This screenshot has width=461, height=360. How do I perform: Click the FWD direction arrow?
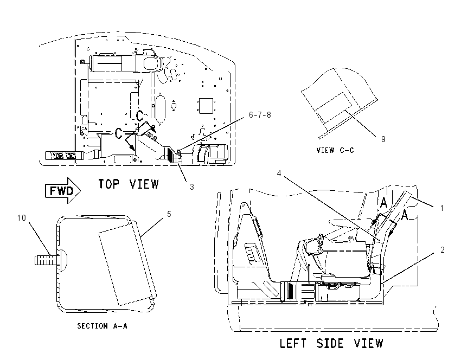coord(62,191)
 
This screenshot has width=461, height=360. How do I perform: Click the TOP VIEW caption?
coord(129,184)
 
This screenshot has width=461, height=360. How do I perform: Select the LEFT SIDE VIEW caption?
coord(331,343)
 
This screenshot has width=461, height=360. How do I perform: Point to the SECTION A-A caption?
coord(103,326)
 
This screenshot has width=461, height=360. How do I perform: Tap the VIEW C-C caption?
coord(335,150)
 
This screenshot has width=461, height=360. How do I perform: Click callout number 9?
coord(383,139)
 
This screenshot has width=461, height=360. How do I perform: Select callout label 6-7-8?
coord(260,114)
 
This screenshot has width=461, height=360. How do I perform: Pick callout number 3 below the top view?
coord(191,187)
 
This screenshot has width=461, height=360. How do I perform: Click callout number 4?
coord(279,173)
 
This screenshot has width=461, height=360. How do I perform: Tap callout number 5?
coord(169,214)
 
